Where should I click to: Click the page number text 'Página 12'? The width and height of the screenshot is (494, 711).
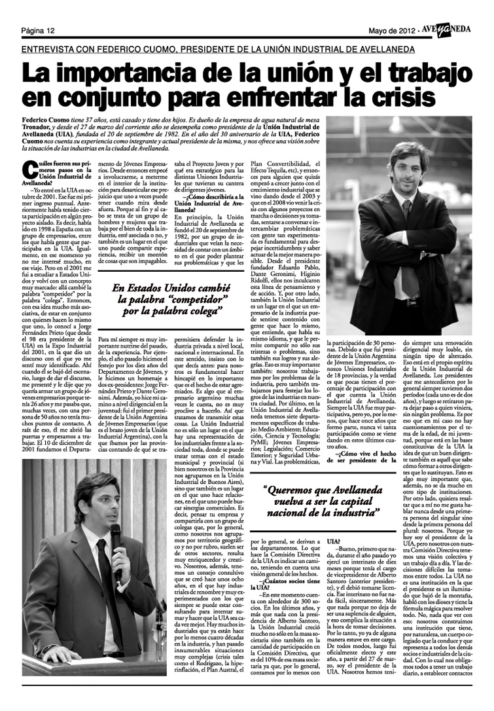(37, 31)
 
